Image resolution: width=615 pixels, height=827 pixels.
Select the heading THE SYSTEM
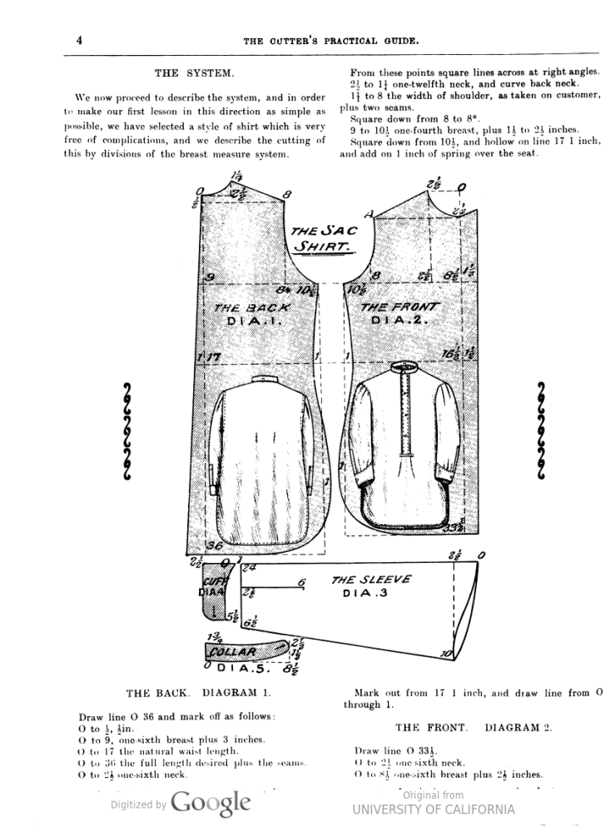(x=194, y=73)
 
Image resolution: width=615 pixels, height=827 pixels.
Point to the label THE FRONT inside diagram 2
(x=401, y=306)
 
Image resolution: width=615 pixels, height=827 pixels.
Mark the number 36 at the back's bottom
(x=213, y=546)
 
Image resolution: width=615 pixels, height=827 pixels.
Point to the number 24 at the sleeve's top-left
(x=247, y=569)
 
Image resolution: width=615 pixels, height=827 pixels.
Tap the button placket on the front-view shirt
(x=406, y=421)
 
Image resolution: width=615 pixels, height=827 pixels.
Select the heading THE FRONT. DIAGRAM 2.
(x=473, y=727)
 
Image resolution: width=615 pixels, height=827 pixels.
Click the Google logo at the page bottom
(x=211, y=802)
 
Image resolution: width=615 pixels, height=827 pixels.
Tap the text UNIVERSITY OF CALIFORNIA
(x=433, y=809)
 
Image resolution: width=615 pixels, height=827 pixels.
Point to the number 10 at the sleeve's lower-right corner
(x=446, y=655)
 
